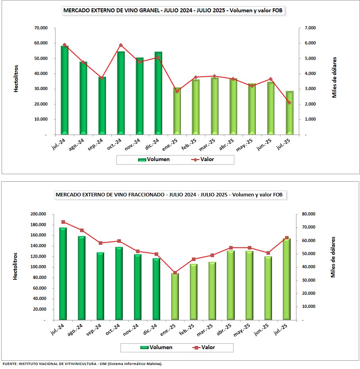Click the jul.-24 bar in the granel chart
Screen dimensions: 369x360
click(65, 90)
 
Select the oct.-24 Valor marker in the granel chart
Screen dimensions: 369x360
click(121, 45)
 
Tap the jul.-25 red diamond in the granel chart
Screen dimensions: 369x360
click(289, 103)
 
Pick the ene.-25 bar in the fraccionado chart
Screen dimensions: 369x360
click(175, 296)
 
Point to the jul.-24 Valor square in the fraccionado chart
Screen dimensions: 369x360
click(63, 222)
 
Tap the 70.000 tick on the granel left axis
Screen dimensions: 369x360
click(40, 28)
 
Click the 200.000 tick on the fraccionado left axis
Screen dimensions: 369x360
click(38, 214)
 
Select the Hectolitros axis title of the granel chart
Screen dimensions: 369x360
click(16, 79)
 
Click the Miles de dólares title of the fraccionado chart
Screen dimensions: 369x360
click(333, 257)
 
